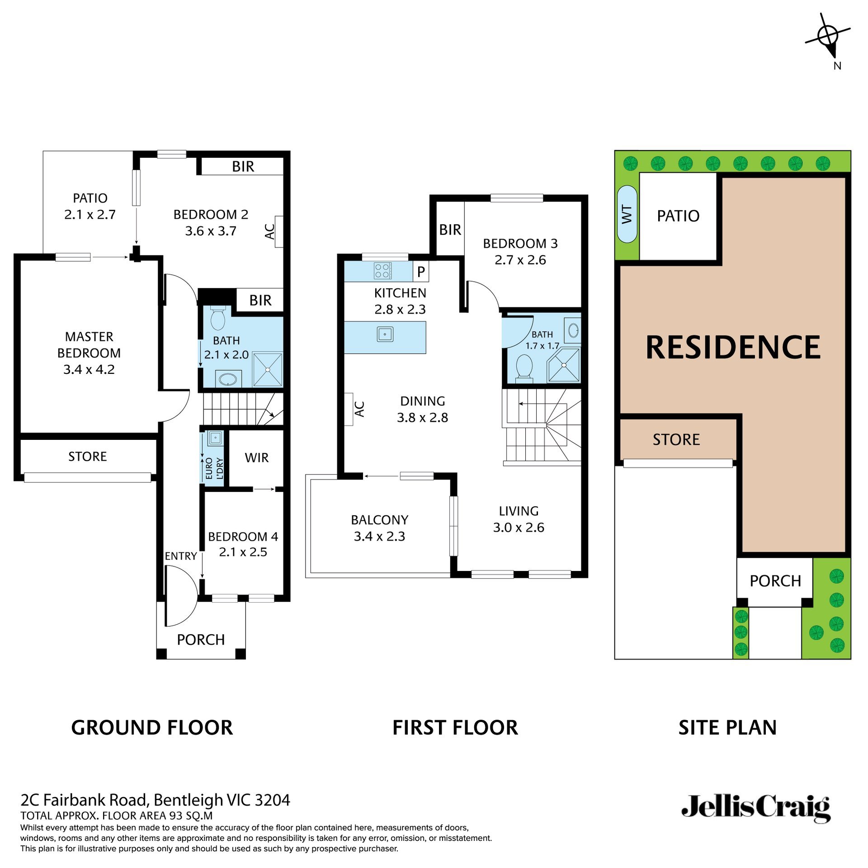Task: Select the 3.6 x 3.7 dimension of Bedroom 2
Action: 211,231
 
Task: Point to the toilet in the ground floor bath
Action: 218,318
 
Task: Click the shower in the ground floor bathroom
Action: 268,369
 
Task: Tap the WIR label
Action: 256,458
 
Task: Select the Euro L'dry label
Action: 214,468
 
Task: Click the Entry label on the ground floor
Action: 180,556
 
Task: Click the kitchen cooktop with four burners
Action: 382,271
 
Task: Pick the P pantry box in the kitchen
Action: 421,272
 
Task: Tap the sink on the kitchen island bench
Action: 385,335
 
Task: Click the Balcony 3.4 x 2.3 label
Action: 379,528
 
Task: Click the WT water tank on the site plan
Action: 627,214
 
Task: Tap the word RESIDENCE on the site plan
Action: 733,347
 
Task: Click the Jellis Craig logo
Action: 755,808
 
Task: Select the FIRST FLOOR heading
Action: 455,727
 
